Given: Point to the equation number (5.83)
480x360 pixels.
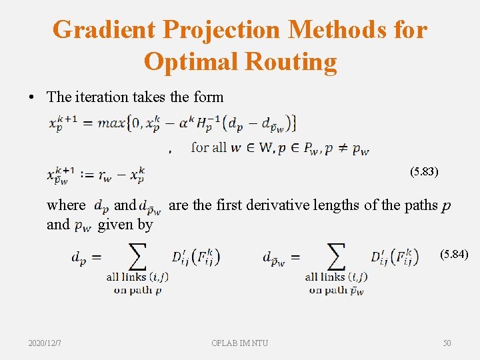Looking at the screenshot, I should (425, 171).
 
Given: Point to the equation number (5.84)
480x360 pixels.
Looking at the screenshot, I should (454, 255).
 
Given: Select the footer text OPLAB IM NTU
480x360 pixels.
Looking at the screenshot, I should (240, 343).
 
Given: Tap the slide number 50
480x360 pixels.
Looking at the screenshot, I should (447, 343).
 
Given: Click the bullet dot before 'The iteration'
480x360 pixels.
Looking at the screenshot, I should (33, 97).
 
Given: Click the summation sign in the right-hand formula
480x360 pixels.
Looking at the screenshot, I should (335, 257).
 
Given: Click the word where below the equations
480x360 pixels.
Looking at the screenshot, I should (66, 205).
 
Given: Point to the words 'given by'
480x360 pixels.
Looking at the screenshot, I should (125, 225).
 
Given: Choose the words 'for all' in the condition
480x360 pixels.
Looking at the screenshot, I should (208, 147).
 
